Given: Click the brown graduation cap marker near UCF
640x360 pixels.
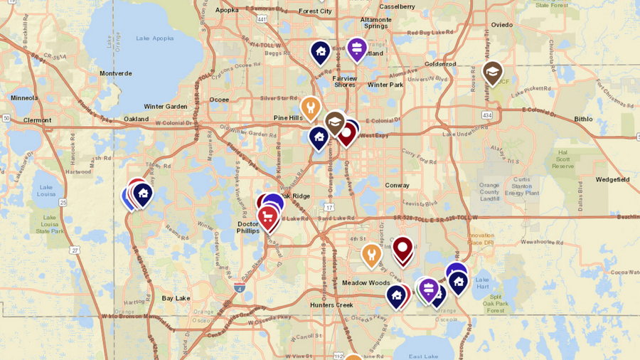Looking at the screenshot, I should coord(492,72).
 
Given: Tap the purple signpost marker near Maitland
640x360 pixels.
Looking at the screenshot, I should coord(356,48).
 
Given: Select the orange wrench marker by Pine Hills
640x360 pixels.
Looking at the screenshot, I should coord(310,108).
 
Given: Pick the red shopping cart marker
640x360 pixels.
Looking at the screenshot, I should coord(268,217).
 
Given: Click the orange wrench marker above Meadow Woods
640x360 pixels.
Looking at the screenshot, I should coord(371,254).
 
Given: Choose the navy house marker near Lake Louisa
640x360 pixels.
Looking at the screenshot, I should coord(143,193).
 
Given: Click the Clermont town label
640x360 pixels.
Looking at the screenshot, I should coord(37,120).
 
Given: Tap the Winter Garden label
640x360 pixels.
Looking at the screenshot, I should coord(166,107).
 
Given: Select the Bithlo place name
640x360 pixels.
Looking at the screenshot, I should coord(583,119).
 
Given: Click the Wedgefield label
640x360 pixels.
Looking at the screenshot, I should coord(612,179).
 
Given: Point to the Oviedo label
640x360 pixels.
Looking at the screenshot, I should coord(501,24).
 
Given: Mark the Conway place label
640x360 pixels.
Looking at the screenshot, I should coord(397,185).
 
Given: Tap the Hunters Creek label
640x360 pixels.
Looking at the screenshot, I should coord(331,305).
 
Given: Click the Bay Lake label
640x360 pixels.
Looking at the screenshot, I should coord(176,298).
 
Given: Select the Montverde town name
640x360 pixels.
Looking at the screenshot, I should coord(116,73).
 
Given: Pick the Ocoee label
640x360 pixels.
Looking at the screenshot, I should coord(219,100).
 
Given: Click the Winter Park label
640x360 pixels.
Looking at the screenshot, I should coord(385,85).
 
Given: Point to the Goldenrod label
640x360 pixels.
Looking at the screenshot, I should coord(440,63).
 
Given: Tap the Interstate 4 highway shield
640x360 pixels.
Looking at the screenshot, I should coord(239,287).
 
